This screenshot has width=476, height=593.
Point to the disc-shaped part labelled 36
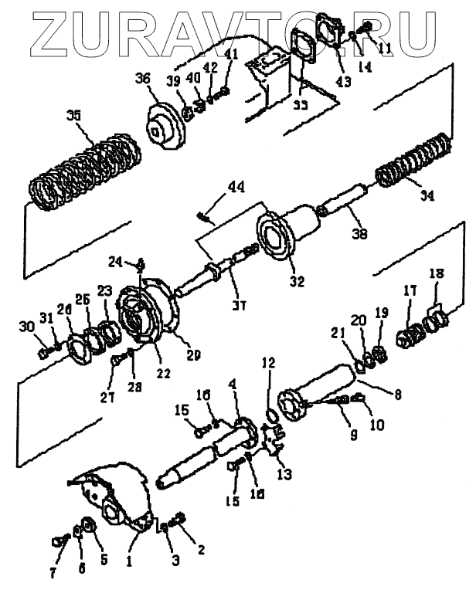[165, 124]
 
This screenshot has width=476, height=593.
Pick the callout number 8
[397, 393]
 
